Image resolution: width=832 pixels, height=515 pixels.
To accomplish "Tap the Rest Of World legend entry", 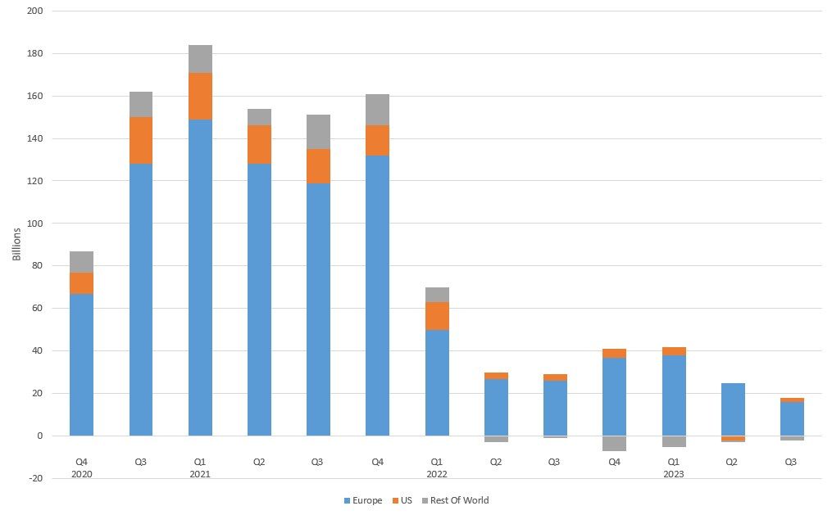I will [x=459, y=500].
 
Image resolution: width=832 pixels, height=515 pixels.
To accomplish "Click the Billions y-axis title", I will [x=17, y=244].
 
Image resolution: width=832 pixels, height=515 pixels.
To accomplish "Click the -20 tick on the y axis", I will [x=35, y=478].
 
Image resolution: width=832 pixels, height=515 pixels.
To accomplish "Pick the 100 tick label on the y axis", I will [x=35, y=224].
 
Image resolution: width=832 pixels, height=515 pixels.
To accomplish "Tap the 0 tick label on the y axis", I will [x=39, y=436].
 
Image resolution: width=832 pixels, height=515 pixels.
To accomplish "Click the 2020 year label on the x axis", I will [x=81, y=474].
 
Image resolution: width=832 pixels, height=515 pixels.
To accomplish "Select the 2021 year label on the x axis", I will [x=200, y=474].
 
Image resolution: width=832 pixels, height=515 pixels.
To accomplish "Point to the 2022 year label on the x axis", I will [x=437, y=474].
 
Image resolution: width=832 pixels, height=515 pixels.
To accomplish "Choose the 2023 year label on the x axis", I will [x=674, y=474].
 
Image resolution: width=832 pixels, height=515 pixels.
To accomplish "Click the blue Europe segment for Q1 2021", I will [x=200, y=278].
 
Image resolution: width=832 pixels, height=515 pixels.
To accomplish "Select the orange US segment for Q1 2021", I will [x=200, y=96].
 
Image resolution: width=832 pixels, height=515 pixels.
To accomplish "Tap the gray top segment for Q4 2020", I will [x=81, y=262].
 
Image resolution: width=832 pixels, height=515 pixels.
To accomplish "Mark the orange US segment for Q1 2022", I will [x=437, y=316].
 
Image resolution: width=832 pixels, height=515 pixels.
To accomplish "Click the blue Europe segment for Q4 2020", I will [x=81, y=364].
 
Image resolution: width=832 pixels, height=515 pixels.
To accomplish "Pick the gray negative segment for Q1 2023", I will [x=674, y=441].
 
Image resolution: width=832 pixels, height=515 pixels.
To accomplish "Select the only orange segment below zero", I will [x=733, y=439].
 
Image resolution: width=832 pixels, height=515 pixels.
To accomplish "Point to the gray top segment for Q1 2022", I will [x=437, y=295].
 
